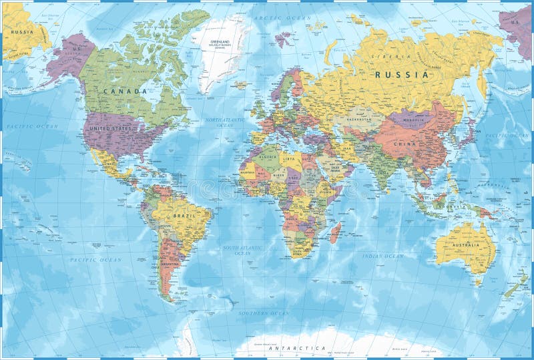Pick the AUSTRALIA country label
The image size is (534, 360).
[x=465, y=245]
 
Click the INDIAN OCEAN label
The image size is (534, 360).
[x=383, y=256]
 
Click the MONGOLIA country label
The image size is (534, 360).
[x=409, y=120]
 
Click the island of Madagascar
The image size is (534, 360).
[x=336, y=233]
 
